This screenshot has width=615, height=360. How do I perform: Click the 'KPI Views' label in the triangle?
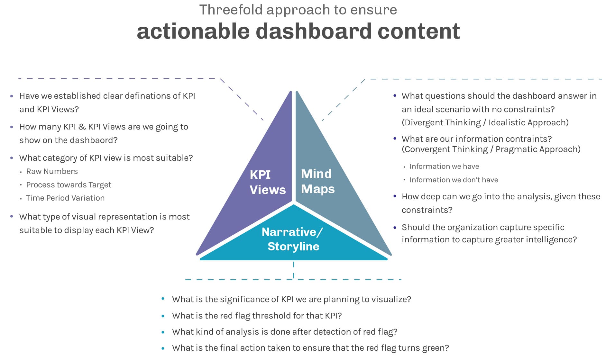[x=267, y=182]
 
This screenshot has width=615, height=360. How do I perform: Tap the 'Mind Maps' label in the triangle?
[x=317, y=181]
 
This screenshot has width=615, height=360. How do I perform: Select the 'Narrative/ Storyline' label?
[x=293, y=239]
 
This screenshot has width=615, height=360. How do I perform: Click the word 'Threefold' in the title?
[x=231, y=10]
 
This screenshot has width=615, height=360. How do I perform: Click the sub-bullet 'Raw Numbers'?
[x=52, y=171]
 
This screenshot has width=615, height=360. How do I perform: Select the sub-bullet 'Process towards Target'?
[x=69, y=185]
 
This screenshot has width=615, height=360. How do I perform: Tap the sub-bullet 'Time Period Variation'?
[x=65, y=198]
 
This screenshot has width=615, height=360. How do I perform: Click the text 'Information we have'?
[x=444, y=166]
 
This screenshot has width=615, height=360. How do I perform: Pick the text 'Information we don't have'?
[x=454, y=180]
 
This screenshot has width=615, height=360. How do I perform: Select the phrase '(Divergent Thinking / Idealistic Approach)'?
[x=485, y=123]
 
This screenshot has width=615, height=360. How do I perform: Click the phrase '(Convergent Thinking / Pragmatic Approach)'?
[x=491, y=149]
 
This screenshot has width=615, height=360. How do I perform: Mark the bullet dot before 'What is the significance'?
[x=163, y=299]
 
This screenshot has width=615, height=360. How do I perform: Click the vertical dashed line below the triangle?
[x=294, y=270]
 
